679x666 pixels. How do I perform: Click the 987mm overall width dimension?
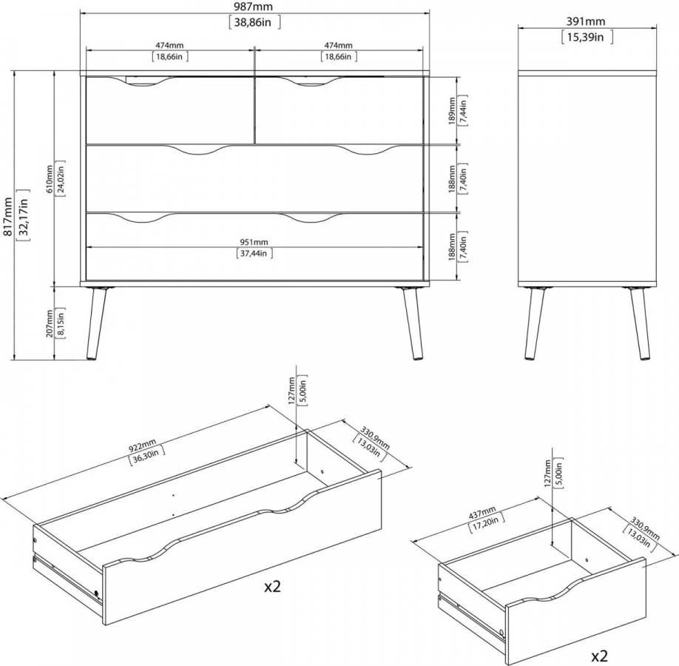tap(254, 7)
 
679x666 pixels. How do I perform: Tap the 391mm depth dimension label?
tap(586, 21)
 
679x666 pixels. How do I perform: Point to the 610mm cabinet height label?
tap(50, 179)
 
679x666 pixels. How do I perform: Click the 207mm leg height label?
tap(50, 323)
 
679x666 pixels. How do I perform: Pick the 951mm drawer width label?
tap(254, 242)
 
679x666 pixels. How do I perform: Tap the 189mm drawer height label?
tap(452, 111)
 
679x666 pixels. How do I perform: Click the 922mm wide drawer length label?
tap(143, 445)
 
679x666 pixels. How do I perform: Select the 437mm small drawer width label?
tap(482, 514)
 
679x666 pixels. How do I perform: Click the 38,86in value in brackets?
tap(254, 22)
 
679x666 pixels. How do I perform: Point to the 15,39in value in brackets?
tap(587, 37)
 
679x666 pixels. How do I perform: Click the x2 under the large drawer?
tap(273, 587)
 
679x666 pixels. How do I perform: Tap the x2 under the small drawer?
tap(599, 656)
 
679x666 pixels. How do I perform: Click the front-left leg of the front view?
tap(95, 323)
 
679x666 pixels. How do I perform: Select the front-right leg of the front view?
tap(413, 323)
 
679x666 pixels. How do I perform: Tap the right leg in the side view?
tap(639, 323)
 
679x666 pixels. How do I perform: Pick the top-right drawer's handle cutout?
tap(306, 81)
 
